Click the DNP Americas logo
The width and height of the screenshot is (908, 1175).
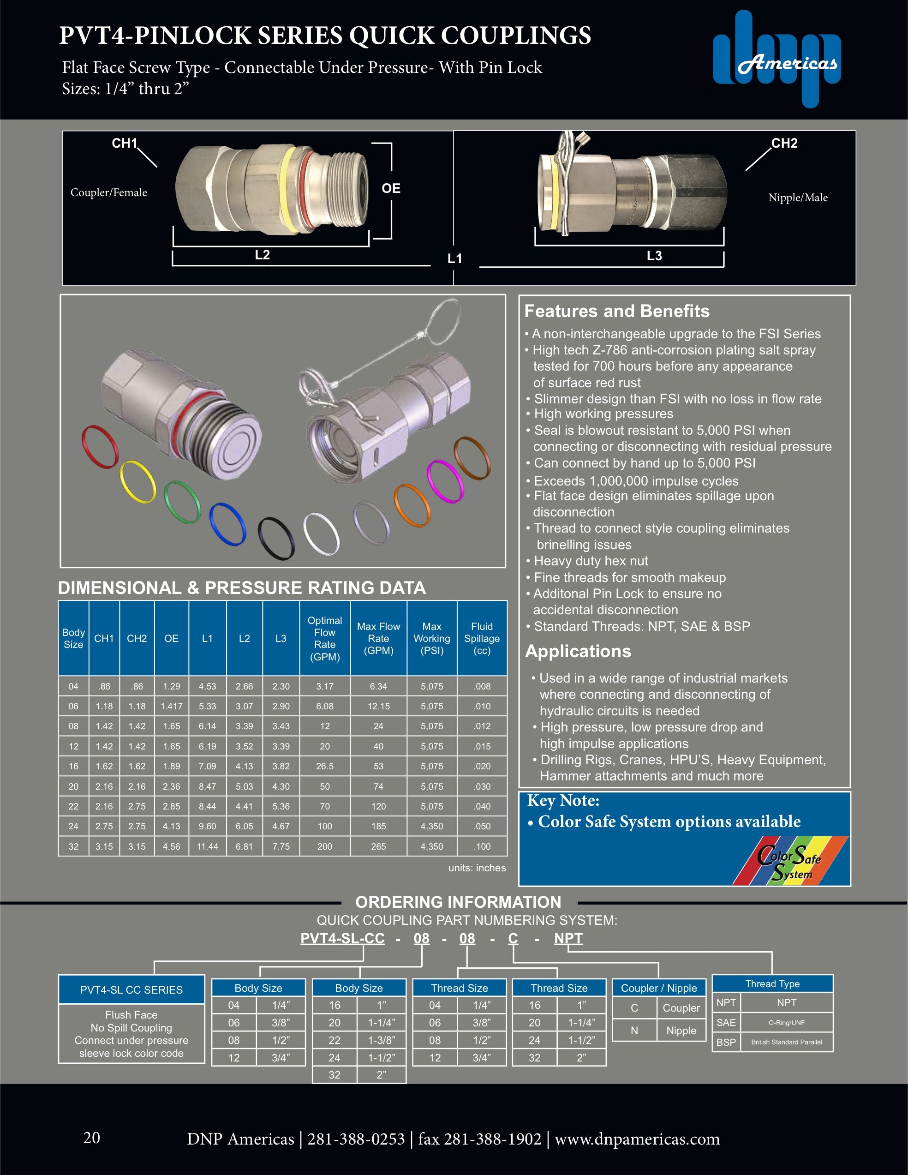point(777,59)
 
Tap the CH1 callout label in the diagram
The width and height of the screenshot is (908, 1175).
point(124,143)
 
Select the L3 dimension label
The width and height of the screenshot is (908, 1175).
point(654,256)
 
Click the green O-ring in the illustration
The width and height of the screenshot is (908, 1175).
point(182,502)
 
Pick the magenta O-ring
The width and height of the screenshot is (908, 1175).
point(445,481)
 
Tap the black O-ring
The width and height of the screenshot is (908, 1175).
point(276,538)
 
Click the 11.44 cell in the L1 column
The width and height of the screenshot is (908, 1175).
point(208,846)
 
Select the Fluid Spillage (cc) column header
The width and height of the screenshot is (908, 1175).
point(482,638)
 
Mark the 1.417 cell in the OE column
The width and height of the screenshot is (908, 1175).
point(172,706)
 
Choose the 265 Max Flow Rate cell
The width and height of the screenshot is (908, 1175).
point(378,846)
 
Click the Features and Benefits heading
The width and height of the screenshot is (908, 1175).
point(616,311)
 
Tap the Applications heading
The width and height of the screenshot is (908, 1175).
point(578,651)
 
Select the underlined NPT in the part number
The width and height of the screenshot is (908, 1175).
point(568,939)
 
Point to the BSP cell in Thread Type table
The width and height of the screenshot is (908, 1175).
point(726,1042)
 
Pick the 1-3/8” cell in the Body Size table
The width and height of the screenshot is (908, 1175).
point(382,1040)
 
